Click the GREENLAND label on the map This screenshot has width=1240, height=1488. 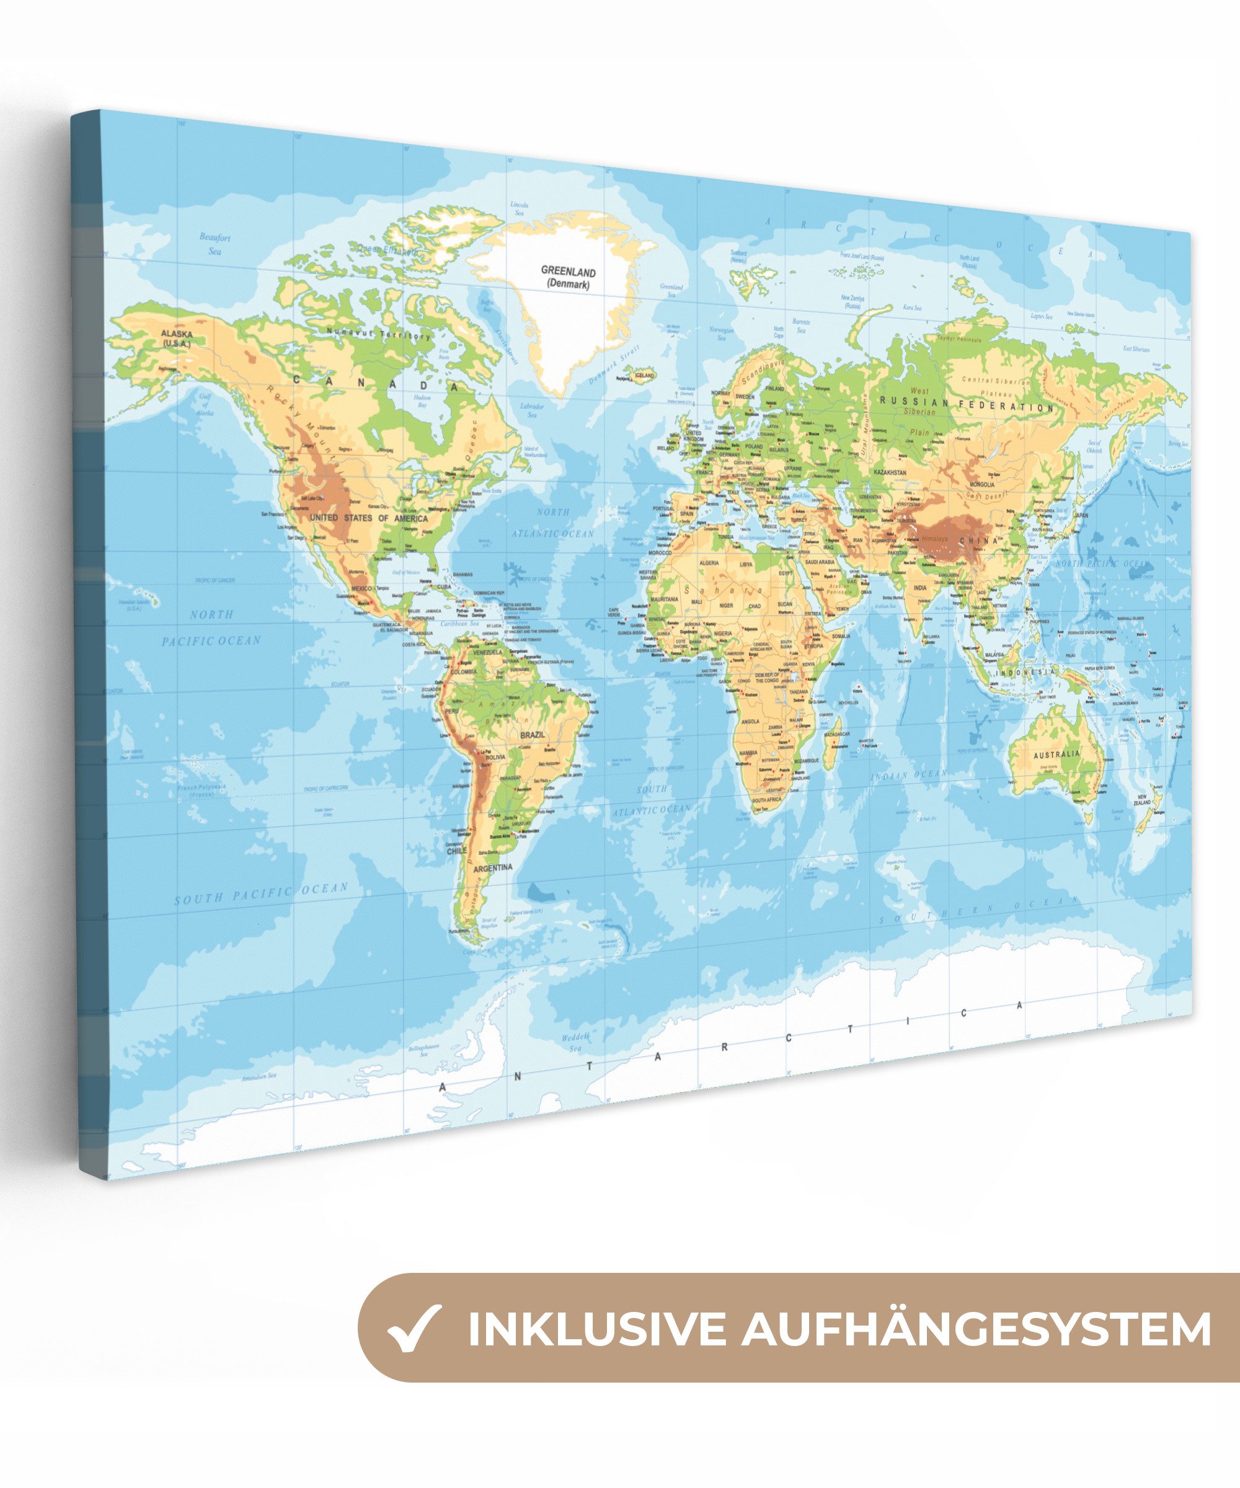tap(569, 272)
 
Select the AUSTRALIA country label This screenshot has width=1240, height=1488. tap(1056, 754)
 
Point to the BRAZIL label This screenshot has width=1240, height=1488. tap(532, 735)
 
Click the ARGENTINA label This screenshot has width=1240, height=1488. tap(492, 867)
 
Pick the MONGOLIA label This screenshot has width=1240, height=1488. tap(982, 485)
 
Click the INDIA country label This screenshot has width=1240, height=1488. tap(919, 587)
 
